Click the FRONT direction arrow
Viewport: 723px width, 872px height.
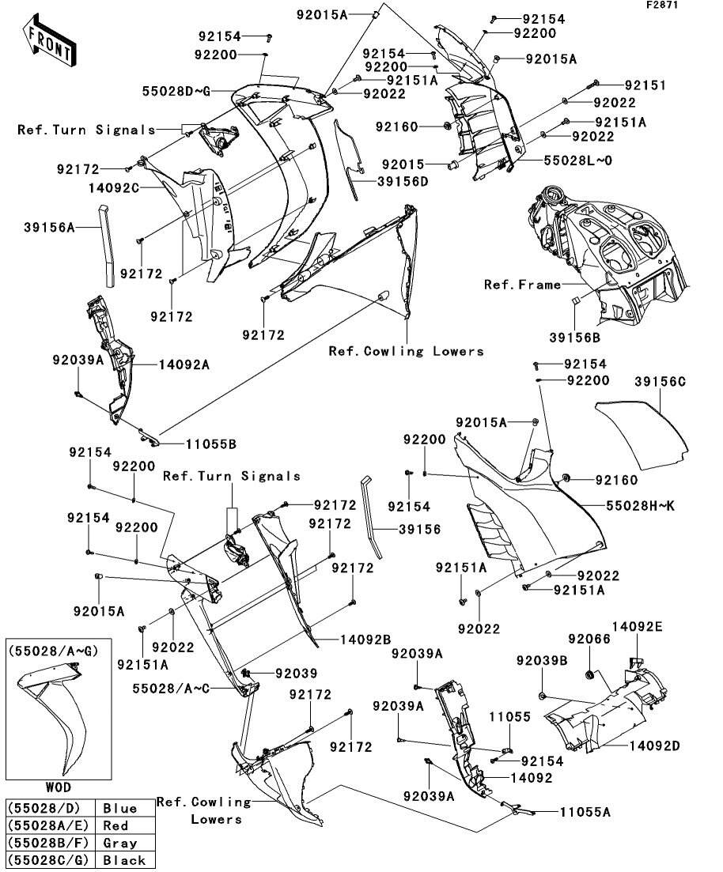coord(50,43)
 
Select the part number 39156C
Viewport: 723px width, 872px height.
coord(660,382)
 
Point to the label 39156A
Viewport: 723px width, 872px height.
coord(53,228)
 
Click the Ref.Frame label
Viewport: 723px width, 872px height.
coord(522,285)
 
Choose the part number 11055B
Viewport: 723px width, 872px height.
coord(209,444)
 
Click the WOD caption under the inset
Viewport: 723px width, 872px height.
coord(57,787)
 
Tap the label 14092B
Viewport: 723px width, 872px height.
coord(367,638)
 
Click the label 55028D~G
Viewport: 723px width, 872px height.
coord(176,92)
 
